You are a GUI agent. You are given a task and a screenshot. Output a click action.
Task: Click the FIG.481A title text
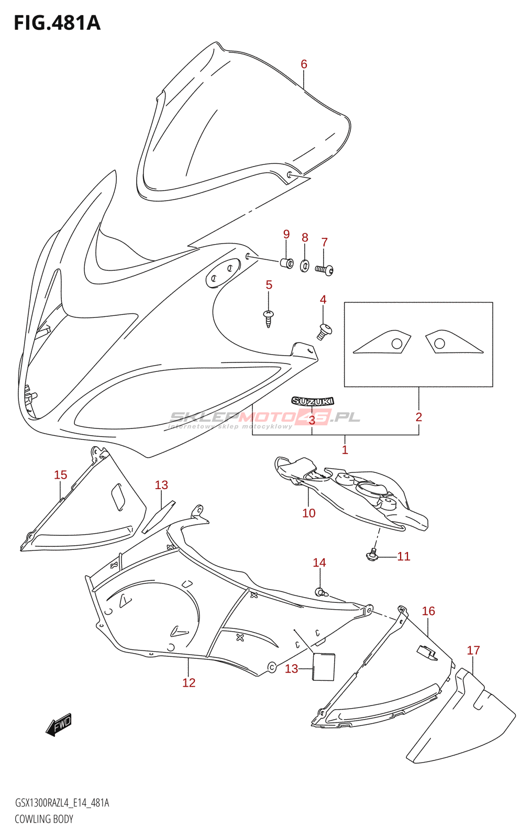click(x=57, y=23)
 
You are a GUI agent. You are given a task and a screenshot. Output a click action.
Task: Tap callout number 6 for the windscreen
click(x=304, y=64)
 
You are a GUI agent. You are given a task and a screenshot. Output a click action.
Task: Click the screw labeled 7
click(x=324, y=270)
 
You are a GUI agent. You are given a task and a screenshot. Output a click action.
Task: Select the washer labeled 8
click(x=304, y=266)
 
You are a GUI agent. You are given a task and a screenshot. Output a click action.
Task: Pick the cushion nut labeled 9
click(x=287, y=262)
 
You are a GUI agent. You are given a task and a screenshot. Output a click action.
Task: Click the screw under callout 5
click(x=269, y=317)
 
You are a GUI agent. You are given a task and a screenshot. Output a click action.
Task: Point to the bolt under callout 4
click(x=324, y=331)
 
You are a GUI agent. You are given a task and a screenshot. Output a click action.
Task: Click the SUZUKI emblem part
click(x=313, y=401)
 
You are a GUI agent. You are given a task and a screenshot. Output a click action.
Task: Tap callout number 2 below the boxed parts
click(x=418, y=417)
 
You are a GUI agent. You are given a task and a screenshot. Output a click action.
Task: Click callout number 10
click(x=308, y=513)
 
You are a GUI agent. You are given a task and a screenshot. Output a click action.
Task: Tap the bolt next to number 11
click(x=372, y=554)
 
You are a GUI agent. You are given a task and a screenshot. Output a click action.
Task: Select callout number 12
click(x=189, y=682)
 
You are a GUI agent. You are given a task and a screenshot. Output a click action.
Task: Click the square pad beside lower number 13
click(x=324, y=666)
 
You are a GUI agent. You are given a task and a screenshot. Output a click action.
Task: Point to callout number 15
click(x=60, y=475)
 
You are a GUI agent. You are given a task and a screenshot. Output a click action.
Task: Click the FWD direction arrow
click(x=59, y=725)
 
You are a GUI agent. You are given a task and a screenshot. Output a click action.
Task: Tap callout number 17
click(x=473, y=650)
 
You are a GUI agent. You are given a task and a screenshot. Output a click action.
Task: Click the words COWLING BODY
click(x=44, y=819)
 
